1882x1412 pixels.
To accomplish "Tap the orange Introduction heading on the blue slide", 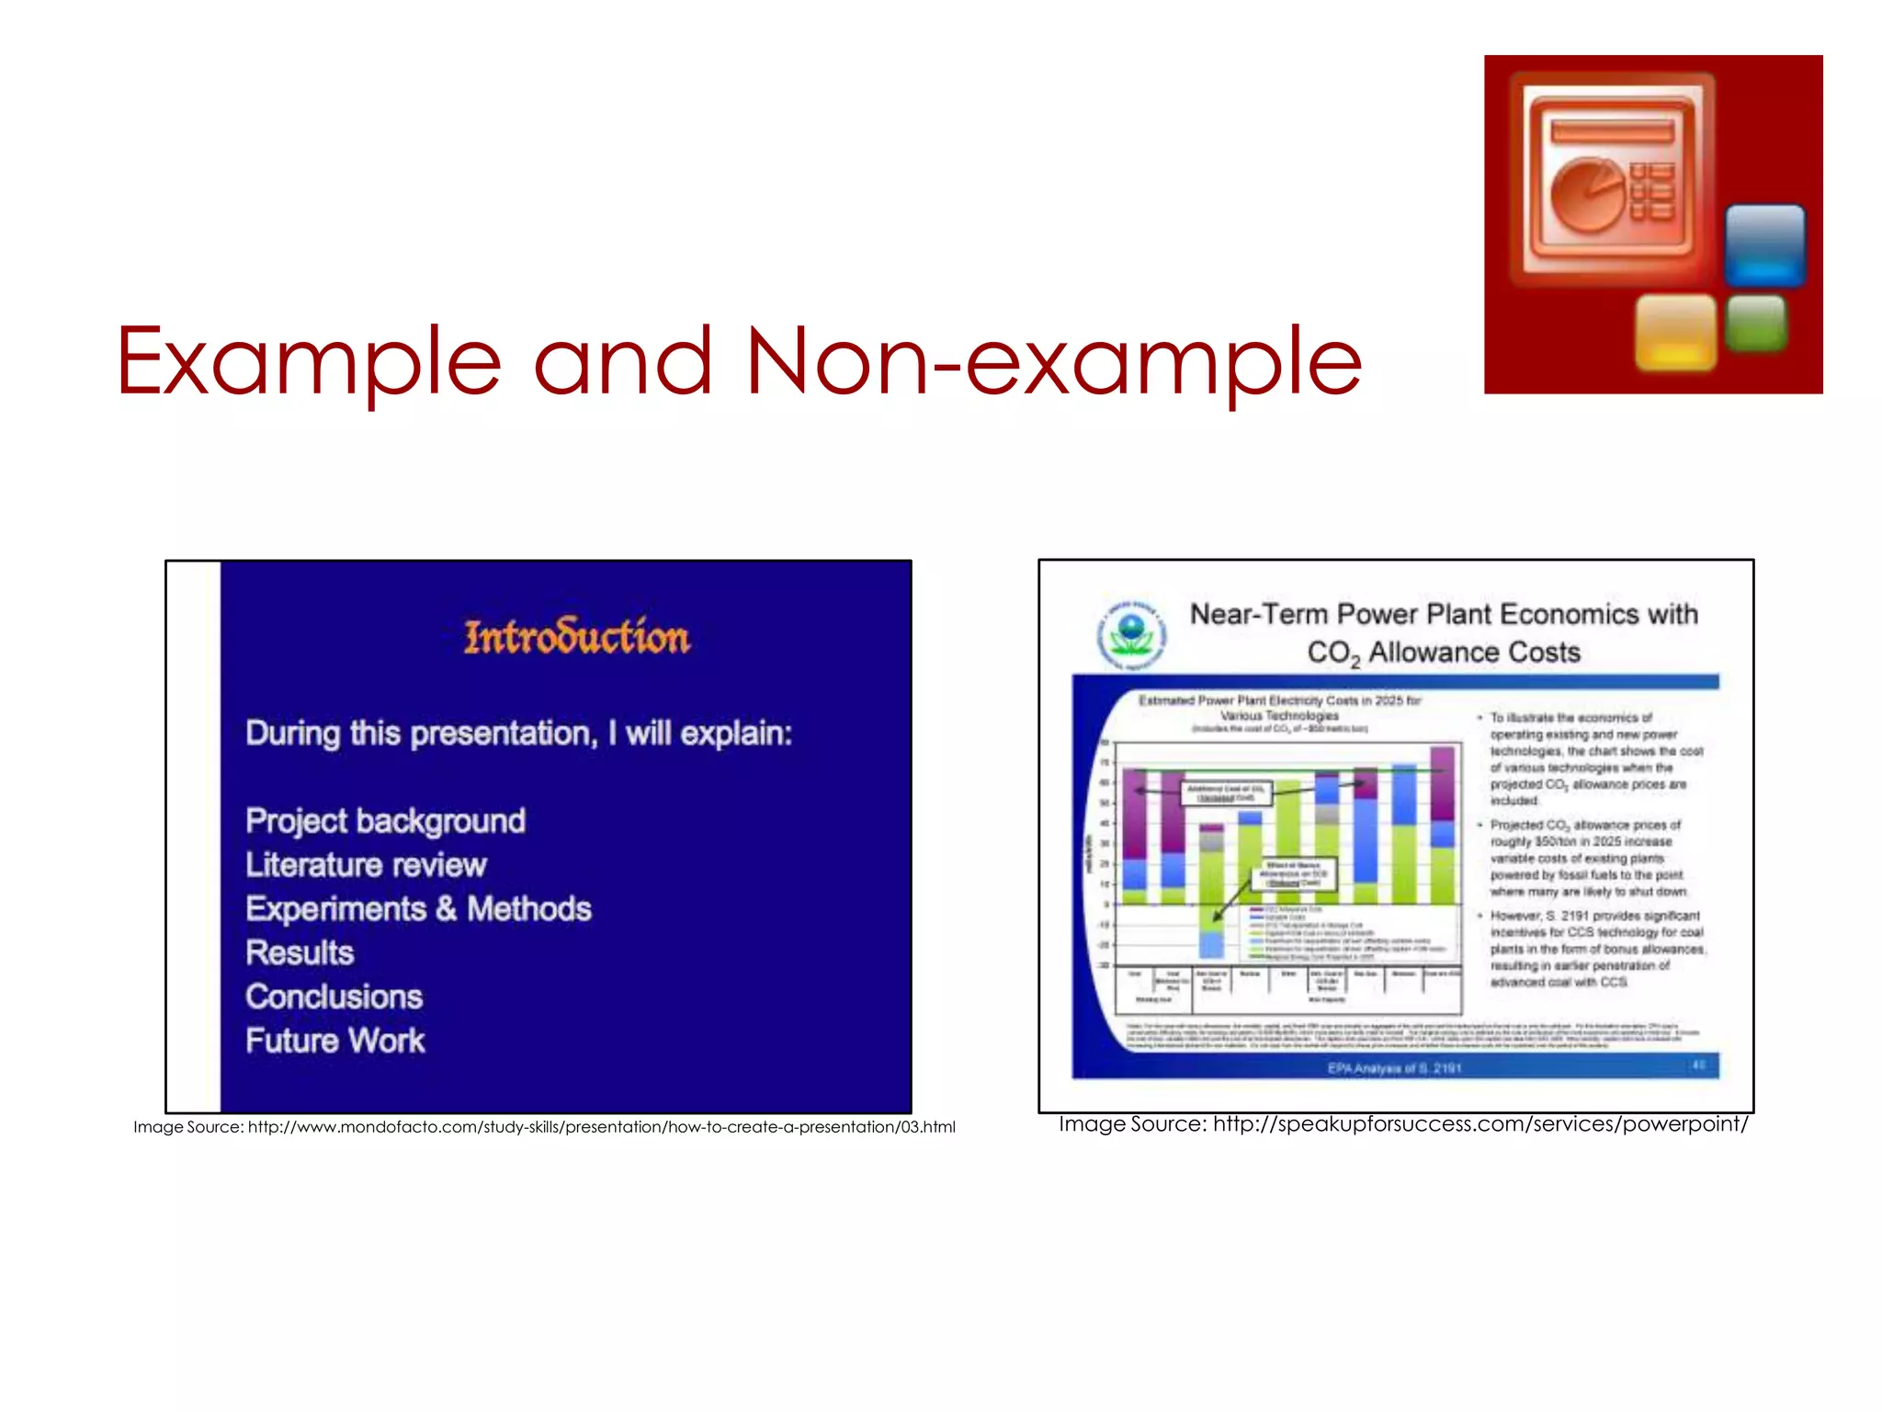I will click(576, 637).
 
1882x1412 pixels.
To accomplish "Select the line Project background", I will click(385, 820).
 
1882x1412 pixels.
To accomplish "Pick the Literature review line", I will click(366, 864).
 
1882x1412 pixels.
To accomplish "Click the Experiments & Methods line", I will click(418, 908).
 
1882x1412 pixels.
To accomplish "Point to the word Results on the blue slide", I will click(300, 952).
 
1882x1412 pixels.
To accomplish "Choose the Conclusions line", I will click(334, 996).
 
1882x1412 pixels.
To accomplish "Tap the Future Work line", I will click(334, 1041).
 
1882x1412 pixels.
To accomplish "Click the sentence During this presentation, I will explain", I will click(518, 733).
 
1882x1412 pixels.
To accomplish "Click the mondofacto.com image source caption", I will click(544, 1127).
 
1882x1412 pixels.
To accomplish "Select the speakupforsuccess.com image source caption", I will click(1403, 1123).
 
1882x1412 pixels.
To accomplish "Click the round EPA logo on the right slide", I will click(1131, 635).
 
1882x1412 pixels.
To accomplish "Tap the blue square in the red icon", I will click(1764, 245).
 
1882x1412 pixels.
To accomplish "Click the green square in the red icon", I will click(1756, 323).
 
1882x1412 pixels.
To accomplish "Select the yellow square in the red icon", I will click(1675, 332).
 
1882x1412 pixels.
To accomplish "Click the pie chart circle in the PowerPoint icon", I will click(1587, 194).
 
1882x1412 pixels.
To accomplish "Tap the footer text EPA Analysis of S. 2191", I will click(1394, 1068).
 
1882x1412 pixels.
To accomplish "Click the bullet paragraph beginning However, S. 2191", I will click(1596, 949).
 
